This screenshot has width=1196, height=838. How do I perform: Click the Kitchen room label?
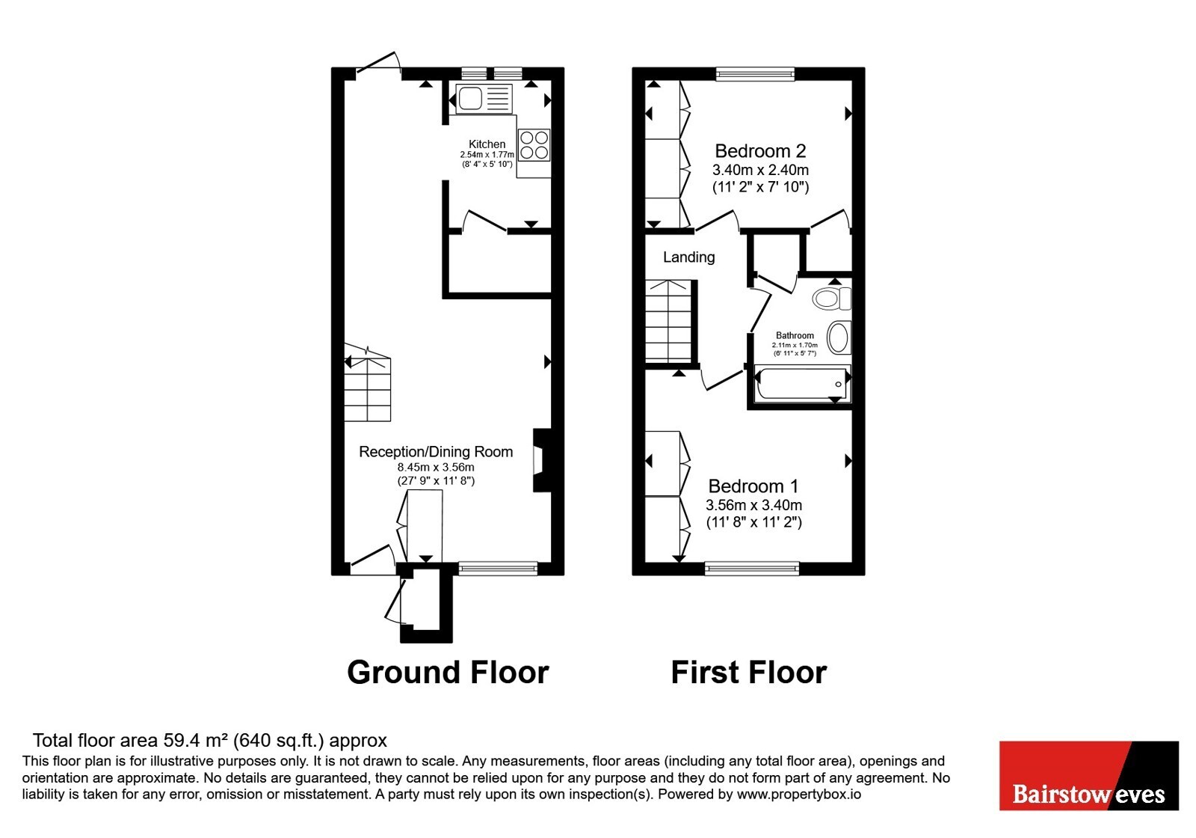[487, 144]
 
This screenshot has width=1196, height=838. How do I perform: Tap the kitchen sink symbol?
[484, 98]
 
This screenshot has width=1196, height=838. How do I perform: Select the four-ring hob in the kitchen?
[534, 145]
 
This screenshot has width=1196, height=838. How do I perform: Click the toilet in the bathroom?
[832, 299]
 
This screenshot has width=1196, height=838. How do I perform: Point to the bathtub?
[801, 383]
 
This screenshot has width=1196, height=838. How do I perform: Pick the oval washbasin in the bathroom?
[839, 337]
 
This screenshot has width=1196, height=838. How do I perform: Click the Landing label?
[688, 257]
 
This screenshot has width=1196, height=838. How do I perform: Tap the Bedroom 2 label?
[759, 151]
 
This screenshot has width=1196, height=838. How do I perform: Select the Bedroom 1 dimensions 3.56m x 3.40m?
[753, 505]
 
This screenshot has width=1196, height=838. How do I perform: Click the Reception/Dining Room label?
[436, 452]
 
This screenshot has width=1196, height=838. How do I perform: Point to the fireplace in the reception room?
[542, 460]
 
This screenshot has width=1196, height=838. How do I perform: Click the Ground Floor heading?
[448, 673]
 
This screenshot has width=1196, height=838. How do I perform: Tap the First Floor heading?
[748, 673]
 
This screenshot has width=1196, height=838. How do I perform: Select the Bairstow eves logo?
[1088, 775]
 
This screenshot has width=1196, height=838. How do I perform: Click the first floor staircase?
[668, 322]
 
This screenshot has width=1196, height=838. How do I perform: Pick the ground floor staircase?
[367, 382]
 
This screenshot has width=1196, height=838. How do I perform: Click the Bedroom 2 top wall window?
[755, 74]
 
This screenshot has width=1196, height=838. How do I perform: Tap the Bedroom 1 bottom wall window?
[752, 569]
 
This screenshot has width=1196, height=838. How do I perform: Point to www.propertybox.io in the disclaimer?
[799, 795]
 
